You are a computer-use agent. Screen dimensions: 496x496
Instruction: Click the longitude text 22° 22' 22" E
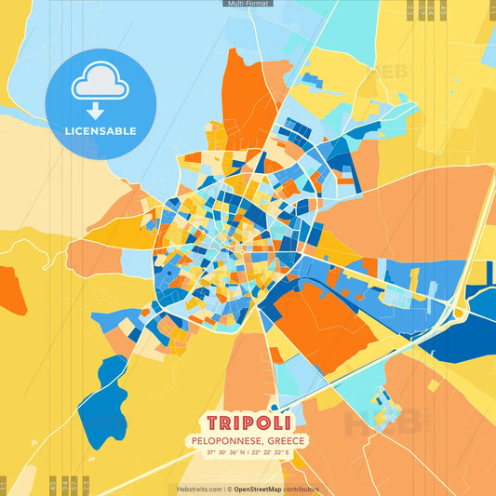coord(275,452)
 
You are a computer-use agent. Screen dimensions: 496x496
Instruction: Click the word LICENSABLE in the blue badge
coord(100,131)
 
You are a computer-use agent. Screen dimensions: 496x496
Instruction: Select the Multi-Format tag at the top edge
coord(248,4)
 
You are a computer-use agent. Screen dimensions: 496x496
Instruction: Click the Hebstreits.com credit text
coord(199,489)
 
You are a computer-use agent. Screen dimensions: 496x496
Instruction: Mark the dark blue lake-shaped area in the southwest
coord(102,400)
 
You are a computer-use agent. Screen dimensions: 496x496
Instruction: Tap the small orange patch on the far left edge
coord(11,289)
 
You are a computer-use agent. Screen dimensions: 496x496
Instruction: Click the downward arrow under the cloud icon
coord(100,110)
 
